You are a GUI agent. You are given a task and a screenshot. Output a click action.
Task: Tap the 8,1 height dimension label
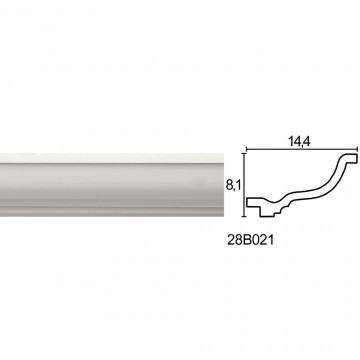[234, 186]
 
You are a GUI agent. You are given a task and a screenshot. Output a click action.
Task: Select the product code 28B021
[250, 240]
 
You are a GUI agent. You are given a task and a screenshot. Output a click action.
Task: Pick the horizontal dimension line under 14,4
[302, 150]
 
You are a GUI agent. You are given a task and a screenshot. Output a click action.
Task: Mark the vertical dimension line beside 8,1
[245, 185]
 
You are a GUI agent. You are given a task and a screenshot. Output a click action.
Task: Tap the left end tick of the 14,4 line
[246, 150]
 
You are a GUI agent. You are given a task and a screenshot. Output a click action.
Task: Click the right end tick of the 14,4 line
[357, 150]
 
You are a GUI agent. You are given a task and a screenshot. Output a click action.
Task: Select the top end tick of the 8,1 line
[245, 154]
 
